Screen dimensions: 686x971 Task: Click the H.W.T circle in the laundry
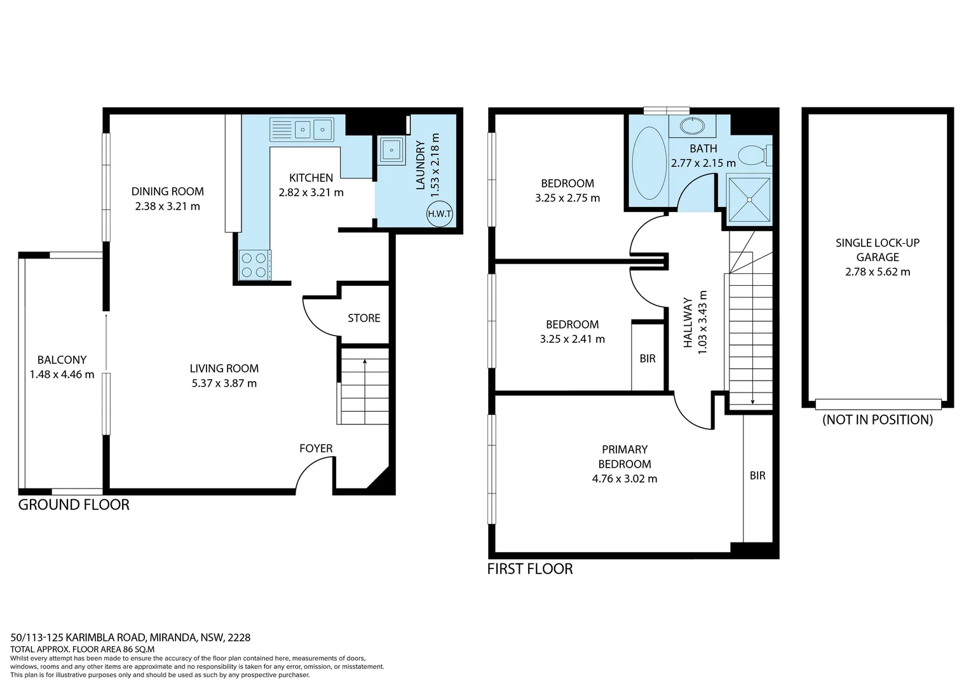coord(439,214)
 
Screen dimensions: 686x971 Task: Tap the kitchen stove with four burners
coord(254,265)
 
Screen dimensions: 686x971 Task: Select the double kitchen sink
coord(302,130)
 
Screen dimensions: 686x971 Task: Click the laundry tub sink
coord(391,151)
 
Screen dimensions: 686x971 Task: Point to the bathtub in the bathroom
coord(648,163)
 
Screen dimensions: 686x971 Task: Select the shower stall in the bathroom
coord(749,199)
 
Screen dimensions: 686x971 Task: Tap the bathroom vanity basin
coord(688,126)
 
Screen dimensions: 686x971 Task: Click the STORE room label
coord(363,318)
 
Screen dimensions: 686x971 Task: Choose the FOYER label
coord(316,448)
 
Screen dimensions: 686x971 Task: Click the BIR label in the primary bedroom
coord(757,476)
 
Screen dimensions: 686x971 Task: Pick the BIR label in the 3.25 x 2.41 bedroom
coord(647,359)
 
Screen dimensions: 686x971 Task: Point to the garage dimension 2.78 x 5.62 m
coord(877,272)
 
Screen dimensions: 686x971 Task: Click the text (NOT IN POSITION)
coord(877,420)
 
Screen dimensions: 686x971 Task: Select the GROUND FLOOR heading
coord(74,505)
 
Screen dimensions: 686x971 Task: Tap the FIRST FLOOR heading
coord(529,569)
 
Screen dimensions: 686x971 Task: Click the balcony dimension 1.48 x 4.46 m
coord(62,375)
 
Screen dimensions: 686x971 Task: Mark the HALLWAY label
coord(688,322)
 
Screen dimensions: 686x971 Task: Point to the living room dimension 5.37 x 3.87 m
coord(224,383)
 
